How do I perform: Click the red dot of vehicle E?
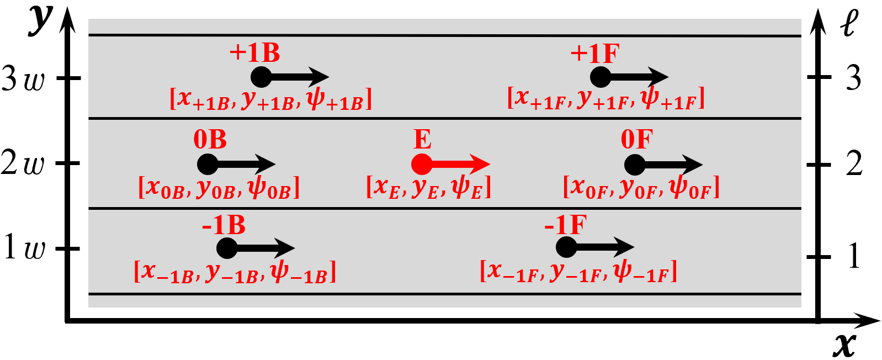tap(422, 164)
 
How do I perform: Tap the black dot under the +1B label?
tap(261, 77)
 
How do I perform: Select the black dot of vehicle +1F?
tap(601, 77)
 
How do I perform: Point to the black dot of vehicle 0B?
tap(208, 164)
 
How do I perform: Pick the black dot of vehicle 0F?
tap(635, 165)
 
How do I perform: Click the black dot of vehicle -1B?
tap(227, 248)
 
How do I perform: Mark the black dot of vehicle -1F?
tap(566, 247)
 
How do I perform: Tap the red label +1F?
tap(595, 54)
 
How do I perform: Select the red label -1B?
tap(224, 225)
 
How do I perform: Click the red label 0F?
tap(637, 139)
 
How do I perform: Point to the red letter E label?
tap(422, 139)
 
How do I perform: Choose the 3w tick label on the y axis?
tap(23, 78)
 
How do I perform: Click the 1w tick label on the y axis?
tap(23, 247)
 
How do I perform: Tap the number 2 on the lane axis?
tap(854, 164)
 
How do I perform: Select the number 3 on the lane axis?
tap(854, 78)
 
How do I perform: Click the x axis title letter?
tap(844, 345)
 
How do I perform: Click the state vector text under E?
tap(428, 187)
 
